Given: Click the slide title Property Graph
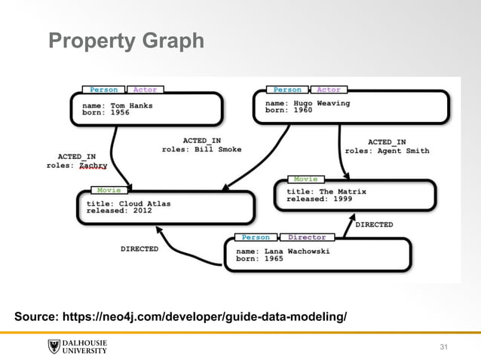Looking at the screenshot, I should coord(126,41).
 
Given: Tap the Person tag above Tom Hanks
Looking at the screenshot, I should coord(103,90).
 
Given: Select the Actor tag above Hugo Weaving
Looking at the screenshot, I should coord(329,90).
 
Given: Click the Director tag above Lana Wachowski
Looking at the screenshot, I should coord(307,237).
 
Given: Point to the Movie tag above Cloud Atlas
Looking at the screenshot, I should coord(109,191).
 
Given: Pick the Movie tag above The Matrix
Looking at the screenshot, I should coord(305,179).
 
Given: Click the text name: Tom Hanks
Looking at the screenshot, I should coord(122,105).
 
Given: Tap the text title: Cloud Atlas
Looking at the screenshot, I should coord(130,202).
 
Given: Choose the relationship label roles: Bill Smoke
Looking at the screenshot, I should coord(201,149).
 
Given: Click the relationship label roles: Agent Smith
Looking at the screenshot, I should coord(387,151).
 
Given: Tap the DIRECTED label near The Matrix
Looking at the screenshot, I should coord(373,224).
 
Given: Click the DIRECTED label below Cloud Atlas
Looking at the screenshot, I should coord(139,249).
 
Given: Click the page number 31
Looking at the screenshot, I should coord(443,346).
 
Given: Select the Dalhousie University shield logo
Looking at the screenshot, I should coord(54,346).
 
